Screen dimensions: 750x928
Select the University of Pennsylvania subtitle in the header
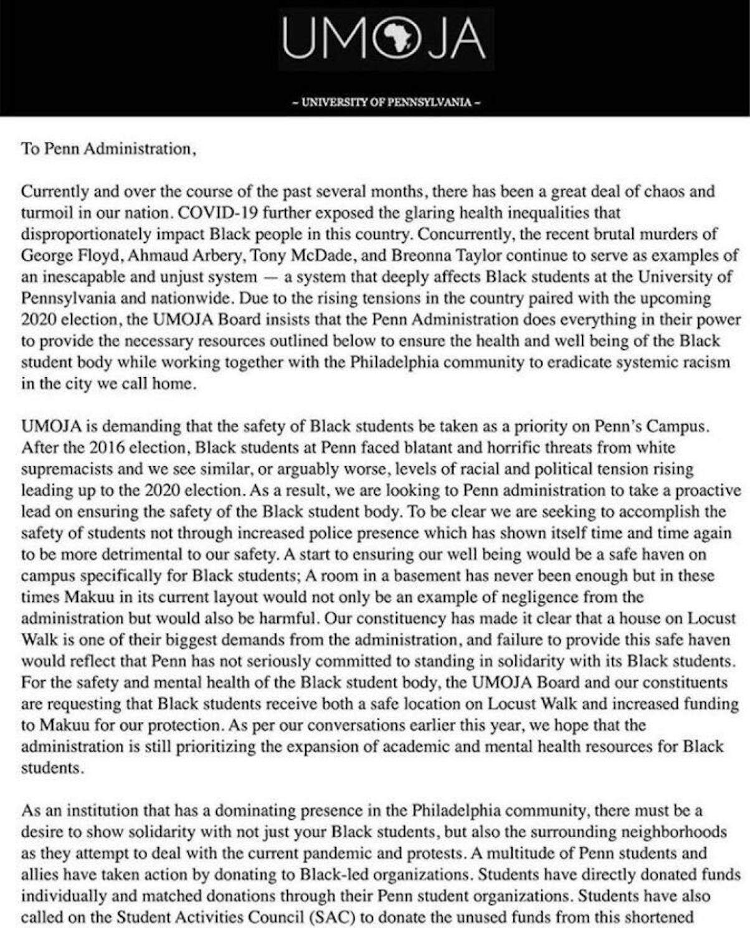pyautogui.click(x=386, y=102)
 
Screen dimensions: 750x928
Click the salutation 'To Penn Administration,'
pyautogui.click(x=109, y=149)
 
